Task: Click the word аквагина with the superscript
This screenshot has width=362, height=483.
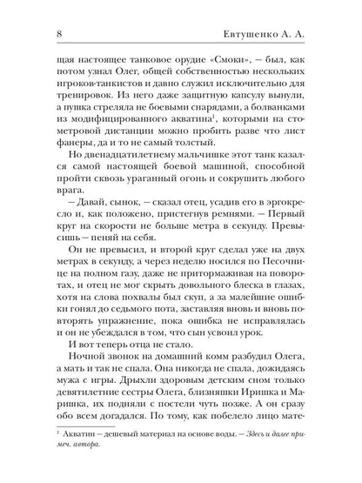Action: coord(202,128)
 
